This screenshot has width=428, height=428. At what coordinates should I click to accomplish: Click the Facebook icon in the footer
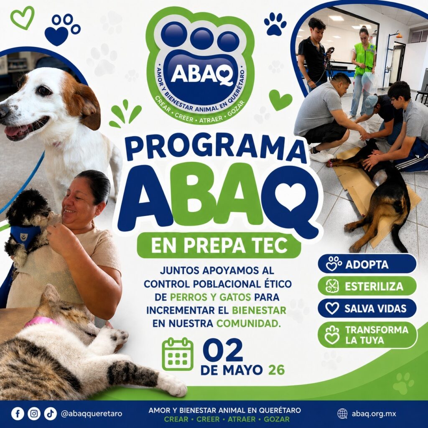coord(18,414)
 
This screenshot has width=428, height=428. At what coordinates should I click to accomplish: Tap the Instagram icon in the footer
coord(34,414)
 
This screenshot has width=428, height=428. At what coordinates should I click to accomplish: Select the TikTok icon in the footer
coord(50,414)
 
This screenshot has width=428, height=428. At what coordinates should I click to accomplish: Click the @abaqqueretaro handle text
coord(92,414)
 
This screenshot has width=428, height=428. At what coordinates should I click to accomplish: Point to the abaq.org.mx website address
coord(374,414)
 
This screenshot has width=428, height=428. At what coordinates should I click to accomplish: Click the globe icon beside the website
coord(342,414)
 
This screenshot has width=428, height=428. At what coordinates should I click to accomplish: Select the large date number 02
coord(222,350)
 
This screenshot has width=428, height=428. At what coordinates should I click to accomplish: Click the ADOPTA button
coord(367,264)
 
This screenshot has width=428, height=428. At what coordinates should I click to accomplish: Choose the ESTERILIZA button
coord(367,286)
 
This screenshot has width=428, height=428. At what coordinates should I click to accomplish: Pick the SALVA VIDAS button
coord(367,308)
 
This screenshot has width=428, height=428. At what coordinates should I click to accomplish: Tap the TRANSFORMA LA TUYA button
coord(367,335)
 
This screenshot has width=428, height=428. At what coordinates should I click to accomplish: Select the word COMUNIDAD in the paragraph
coord(249,324)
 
